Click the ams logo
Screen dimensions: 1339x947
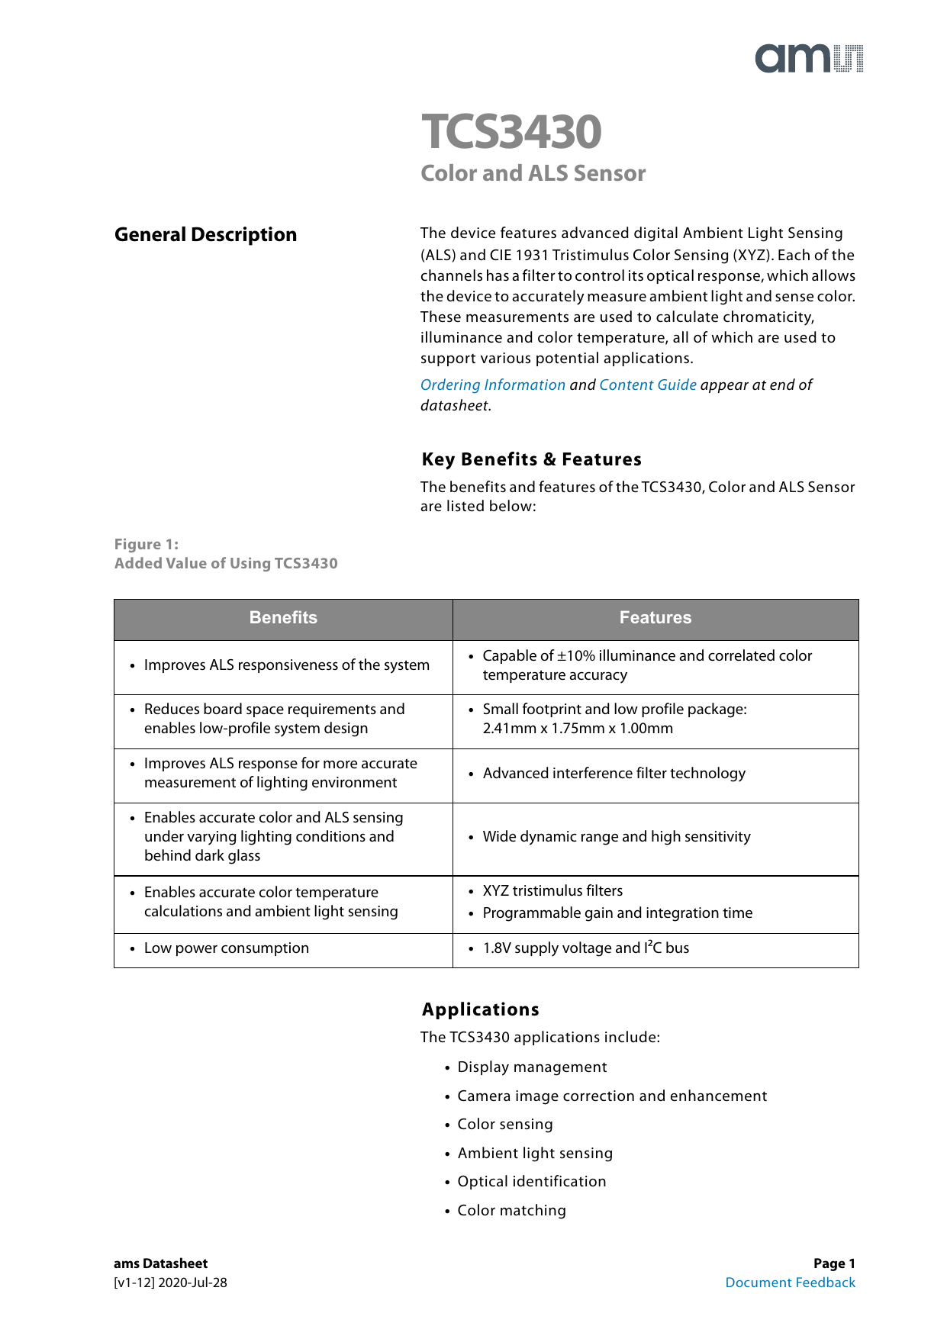pos(809,59)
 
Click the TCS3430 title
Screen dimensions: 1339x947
pos(511,132)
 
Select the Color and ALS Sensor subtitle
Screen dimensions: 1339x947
pos(533,173)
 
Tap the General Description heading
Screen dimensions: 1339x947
pos(205,235)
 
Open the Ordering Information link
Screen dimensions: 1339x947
pos(492,385)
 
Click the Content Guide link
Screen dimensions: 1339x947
pos(647,385)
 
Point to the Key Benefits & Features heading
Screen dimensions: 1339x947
pos(531,459)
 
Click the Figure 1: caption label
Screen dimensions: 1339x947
pos(146,544)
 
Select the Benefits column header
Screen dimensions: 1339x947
pos(283,618)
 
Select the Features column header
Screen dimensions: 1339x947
pos(655,618)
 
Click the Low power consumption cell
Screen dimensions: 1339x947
pos(226,948)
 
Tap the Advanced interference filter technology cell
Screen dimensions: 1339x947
pos(614,774)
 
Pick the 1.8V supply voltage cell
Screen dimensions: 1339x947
pos(585,948)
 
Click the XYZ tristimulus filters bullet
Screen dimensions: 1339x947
pos(552,891)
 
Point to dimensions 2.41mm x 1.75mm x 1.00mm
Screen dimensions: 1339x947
pos(578,729)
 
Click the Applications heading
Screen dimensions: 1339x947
pos(480,1009)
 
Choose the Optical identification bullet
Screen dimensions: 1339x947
pos(531,1182)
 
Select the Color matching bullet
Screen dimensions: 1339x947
pos(511,1211)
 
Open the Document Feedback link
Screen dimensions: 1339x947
pos(790,1283)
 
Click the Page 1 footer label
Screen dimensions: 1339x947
pos(833,1263)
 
